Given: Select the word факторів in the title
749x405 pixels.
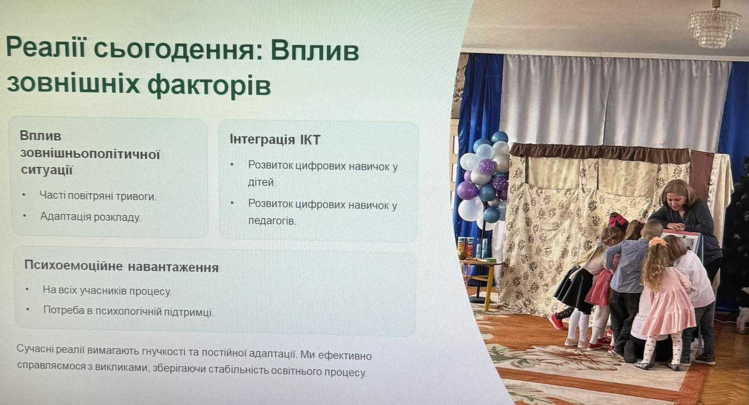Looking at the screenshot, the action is [209, 85].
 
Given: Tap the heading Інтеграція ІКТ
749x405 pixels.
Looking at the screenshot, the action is [275, 139].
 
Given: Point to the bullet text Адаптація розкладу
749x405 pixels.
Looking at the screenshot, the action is [90, 217].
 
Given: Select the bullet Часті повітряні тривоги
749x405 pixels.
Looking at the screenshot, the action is [98, 195].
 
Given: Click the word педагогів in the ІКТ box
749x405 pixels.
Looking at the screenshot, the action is [272, 221].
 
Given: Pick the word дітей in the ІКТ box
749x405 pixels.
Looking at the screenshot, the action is [262, 182].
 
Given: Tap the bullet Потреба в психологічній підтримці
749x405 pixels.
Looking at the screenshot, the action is [128, 311].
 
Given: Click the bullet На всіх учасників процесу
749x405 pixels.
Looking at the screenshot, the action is [107, 290].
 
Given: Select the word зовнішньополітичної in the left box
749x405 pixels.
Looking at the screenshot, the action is [90, 154].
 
